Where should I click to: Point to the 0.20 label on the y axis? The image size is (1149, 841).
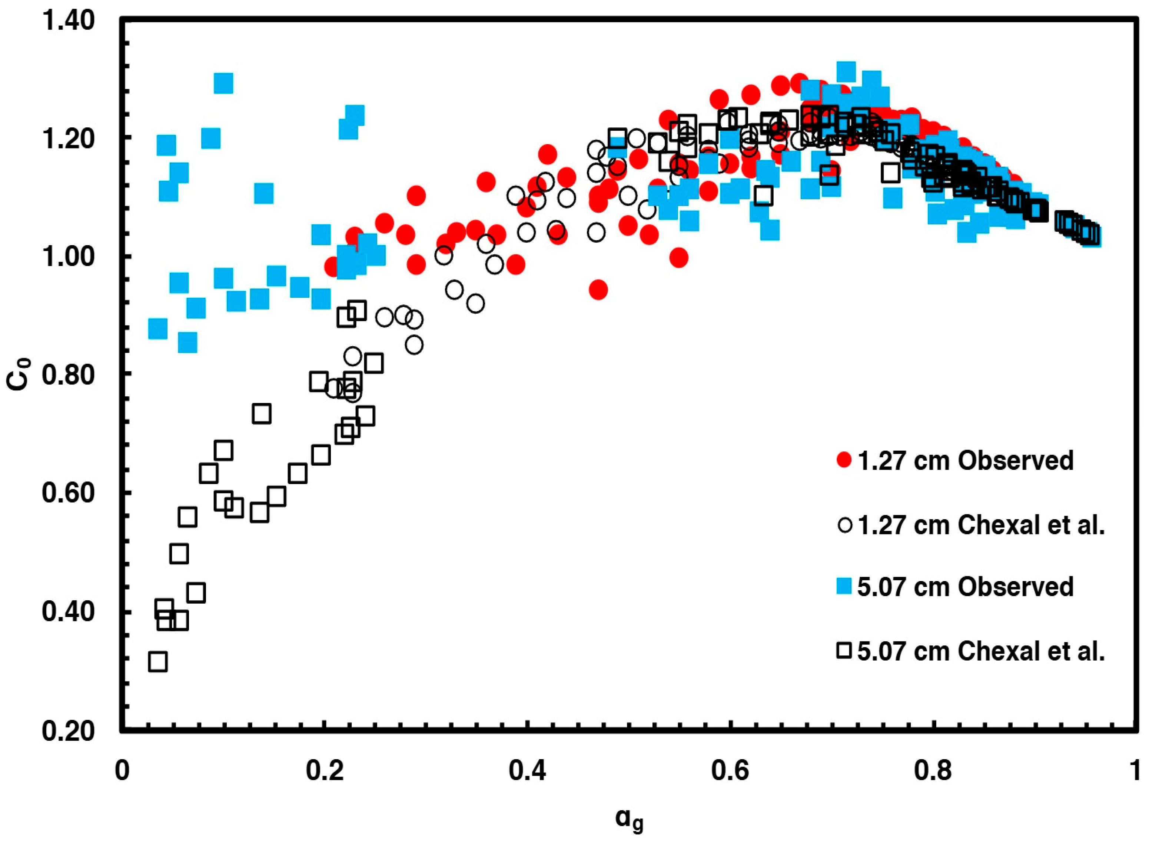(68, 731)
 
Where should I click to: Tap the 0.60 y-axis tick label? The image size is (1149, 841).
(68, 493)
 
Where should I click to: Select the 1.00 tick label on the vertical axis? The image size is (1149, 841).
(68, 256)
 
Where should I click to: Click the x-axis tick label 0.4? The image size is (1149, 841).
(527, 771)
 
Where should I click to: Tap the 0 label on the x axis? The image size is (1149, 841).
(122, 771)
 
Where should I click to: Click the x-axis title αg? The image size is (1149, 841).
(630, 819)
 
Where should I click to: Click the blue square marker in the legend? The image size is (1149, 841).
(844, 587)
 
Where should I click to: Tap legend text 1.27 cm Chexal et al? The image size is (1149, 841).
(981, 525)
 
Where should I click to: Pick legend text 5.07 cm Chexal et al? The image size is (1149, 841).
(981, 651)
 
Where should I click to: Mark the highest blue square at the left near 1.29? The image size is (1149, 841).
(223, 83)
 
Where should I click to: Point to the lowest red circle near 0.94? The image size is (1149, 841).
(598, 290)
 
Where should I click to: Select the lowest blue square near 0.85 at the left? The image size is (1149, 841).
(188, 343)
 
